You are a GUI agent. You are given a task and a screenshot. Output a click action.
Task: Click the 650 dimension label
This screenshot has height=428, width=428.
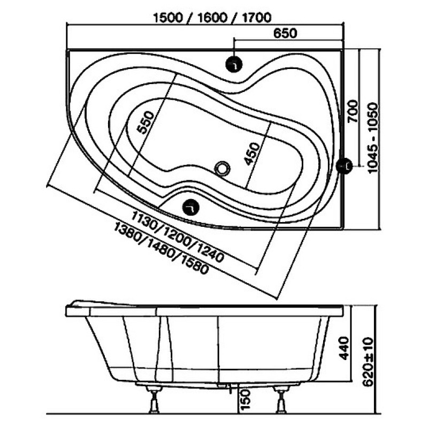tap(285, 33)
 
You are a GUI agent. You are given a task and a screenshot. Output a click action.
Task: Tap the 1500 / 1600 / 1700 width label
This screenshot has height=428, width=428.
tap(212, 18)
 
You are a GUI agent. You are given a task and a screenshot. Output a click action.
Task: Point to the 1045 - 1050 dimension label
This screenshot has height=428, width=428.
tap(373, 138)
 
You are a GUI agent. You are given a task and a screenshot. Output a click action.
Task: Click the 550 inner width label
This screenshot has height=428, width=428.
tap(145, 123)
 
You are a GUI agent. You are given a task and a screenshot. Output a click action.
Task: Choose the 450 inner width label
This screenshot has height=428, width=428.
tap(252, 154)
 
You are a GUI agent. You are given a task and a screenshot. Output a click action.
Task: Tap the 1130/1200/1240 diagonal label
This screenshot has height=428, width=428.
tap(178, 236)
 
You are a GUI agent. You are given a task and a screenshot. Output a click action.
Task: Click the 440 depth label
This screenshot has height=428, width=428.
tap(344, 348)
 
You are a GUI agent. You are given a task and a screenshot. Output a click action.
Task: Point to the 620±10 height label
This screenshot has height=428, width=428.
tap(369, 362)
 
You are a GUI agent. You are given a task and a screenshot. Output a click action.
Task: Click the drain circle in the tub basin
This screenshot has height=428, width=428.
tap(223, 168)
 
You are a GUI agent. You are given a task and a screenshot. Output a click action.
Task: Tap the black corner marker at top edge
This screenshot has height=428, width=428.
tap(234, 64)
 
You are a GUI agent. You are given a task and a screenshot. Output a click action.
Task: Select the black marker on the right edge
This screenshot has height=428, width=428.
tap(344, 166)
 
